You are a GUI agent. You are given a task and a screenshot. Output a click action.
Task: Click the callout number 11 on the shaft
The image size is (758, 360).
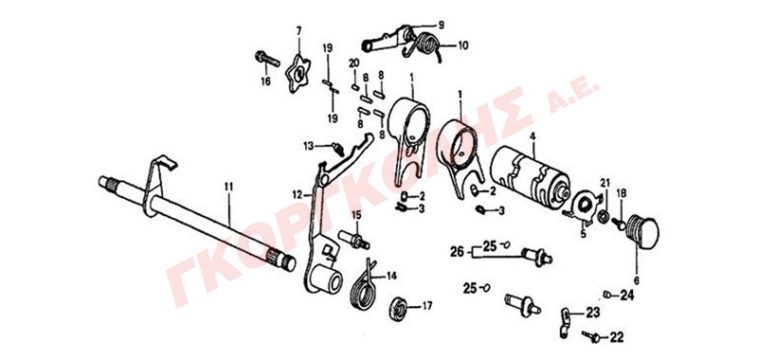[228, 186]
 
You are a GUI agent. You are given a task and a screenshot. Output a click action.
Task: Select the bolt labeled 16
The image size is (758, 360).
[267, 60]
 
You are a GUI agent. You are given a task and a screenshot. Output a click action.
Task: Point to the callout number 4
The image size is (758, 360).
[532, 136]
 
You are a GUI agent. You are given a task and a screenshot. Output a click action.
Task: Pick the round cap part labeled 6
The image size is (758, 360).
[642, 231]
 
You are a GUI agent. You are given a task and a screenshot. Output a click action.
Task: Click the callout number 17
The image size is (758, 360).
[427, 305]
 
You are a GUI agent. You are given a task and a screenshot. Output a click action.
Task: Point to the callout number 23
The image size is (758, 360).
[594, 313]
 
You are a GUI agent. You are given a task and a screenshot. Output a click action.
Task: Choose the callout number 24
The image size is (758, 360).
[626, 295]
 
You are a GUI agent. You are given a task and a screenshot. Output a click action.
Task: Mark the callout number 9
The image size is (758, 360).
[441, 25]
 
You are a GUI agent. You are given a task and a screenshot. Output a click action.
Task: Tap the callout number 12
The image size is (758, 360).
[298, 195]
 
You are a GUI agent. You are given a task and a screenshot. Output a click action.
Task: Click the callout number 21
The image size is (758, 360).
[605, 182]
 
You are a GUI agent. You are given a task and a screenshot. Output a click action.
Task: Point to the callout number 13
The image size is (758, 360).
[309, 146]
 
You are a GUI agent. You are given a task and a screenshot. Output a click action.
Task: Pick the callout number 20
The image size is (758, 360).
[353, 63]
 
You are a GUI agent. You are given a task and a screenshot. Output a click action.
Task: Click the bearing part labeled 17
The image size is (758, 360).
[399, 309]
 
